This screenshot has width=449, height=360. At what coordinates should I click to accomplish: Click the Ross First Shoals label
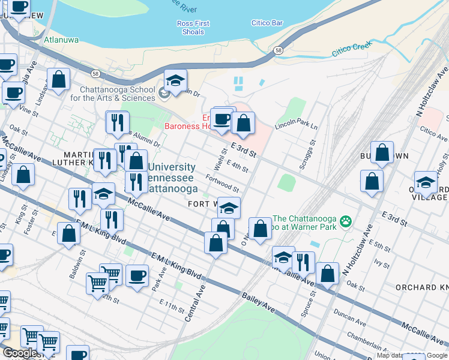(x=193, y=28)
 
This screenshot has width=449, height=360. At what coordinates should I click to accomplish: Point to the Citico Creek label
(x=352, y=50)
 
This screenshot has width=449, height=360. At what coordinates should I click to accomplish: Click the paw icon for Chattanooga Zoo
(x=345, y=222)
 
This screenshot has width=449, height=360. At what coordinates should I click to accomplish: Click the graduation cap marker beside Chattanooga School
(x=175, y=81)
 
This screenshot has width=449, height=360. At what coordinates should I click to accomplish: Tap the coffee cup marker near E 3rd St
(x=223, y=119)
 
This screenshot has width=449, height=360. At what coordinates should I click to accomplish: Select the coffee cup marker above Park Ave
(x=137, y=275)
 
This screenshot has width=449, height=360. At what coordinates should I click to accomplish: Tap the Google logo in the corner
(x=20, y=353)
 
